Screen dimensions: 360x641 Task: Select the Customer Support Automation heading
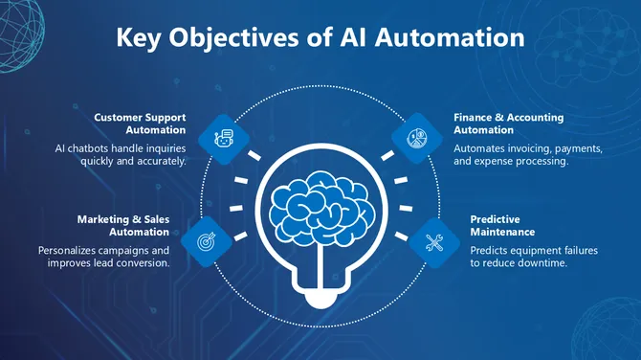(140, 124)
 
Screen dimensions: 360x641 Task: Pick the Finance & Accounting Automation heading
(508, 124)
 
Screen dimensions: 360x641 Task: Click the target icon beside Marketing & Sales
(205, 244)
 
